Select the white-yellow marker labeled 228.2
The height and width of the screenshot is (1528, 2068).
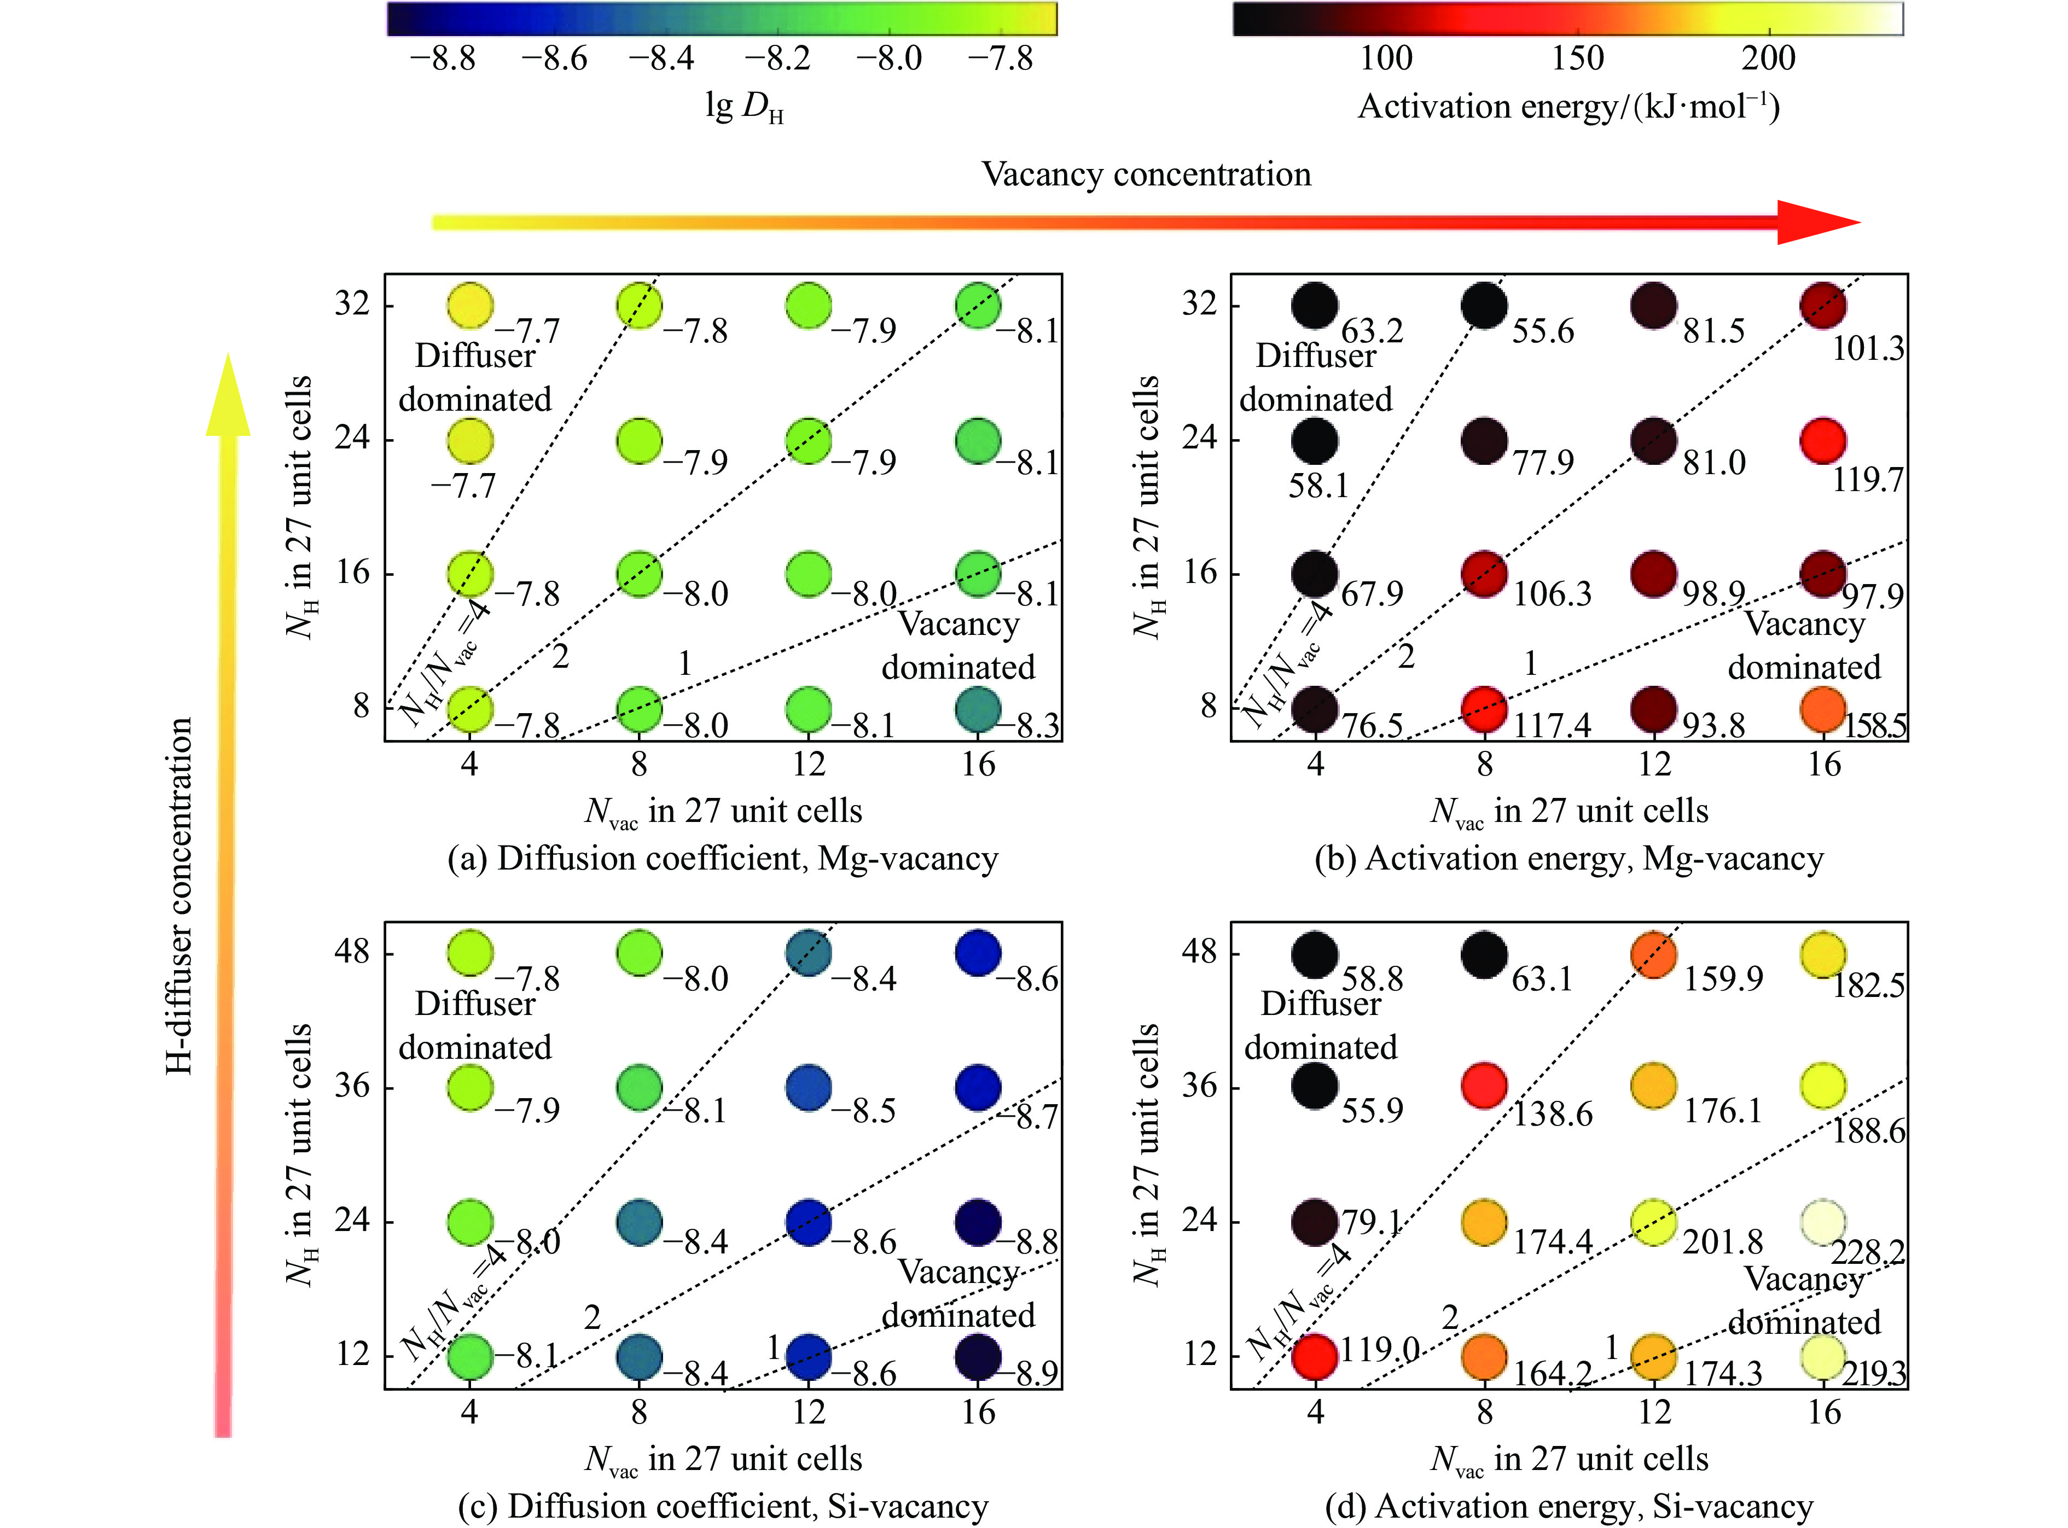pyautogui.click(x=1824, y=1223)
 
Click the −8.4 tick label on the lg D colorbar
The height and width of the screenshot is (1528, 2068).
pyautogui.click(x=661, y=59)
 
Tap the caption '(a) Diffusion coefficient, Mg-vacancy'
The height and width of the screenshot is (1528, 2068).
pyautogui.click(x=723, y=859)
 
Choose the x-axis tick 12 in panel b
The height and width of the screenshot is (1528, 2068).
pyautogui.click(x=1654, y=764)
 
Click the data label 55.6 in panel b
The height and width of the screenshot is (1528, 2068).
pyautogui.click(x=1542, y=330)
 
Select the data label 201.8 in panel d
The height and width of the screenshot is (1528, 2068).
pyautogui.click(x=1723, y=1241)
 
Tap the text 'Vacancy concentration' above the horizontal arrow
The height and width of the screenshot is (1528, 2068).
pyautogui.click(x=1146, y=174)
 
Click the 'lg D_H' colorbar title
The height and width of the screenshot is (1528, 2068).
pyautogui.click(x=744, y=108)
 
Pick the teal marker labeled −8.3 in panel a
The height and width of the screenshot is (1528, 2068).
pyautogui.click(x=978, y=709)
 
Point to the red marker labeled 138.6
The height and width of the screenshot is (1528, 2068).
pyautogui.click(x=1485, y=1086)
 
